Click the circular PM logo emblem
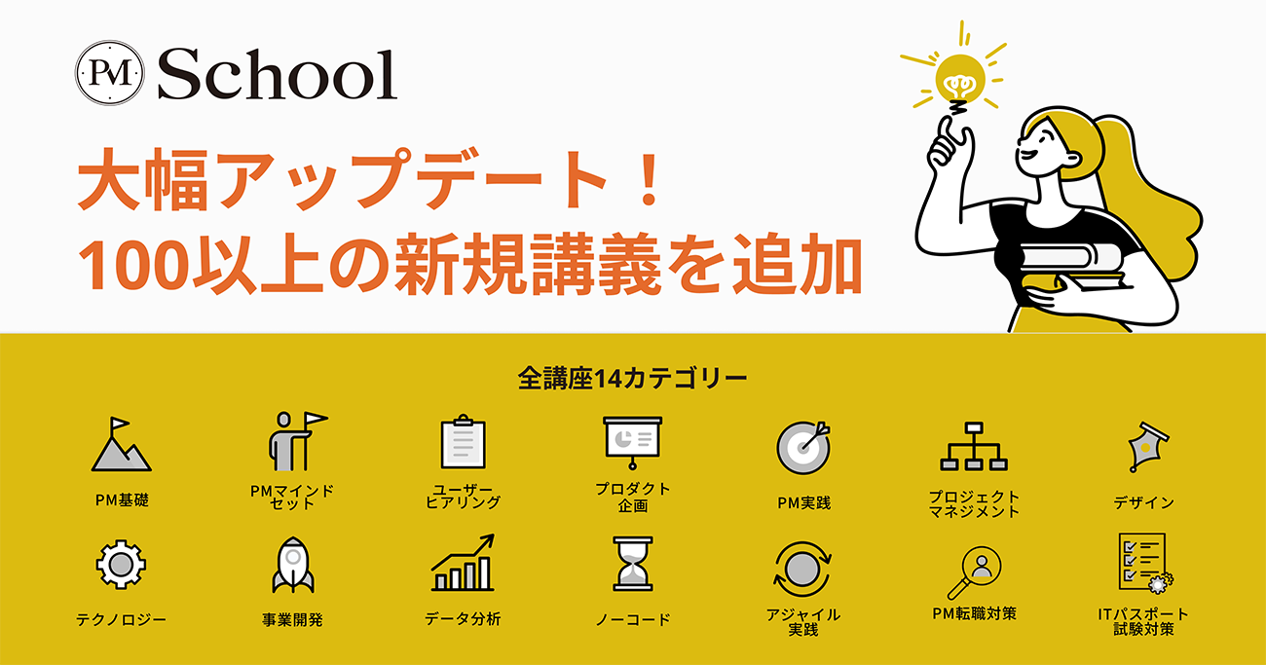click(x=110, y=73)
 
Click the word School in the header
click(x=277, y=74)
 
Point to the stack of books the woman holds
click(x=1071, y=265)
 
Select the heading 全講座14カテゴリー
click(x=632, y=379)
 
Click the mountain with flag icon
click(x=121, y=444)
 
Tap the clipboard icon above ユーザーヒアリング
click(x=463, y=441)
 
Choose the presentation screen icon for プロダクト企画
click(x=632, y=443)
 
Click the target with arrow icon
click(x=803, y=447)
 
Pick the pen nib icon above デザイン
click(x=1146, y=446)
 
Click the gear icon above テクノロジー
click(x=121, y=564)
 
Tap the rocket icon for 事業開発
click(x=293, y=565)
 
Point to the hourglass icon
click(x=633, y=564)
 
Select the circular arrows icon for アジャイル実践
click(x=802, y=569)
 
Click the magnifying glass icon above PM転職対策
click(x=974, y=572)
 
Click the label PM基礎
click(x=122, y=500)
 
